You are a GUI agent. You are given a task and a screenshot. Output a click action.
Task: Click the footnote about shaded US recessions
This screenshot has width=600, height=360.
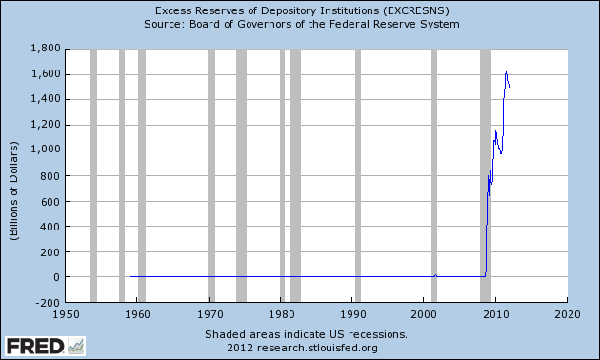306,334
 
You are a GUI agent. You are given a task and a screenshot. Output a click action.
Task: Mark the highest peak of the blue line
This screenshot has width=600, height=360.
506,72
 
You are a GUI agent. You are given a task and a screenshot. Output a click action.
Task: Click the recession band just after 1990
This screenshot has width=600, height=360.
357,175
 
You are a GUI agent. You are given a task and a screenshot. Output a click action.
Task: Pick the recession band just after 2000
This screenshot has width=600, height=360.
434,175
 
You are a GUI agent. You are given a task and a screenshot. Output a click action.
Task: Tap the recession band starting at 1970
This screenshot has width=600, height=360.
212,175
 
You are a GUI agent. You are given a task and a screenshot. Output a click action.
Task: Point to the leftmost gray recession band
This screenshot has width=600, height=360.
93,175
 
